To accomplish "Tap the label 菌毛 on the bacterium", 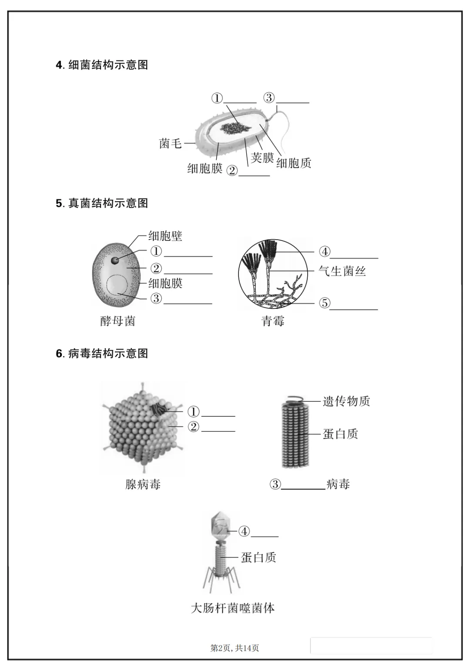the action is (x=170, y=143).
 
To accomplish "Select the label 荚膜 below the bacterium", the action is (x=262, y=157).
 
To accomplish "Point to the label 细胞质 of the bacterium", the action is (x=294, y=163).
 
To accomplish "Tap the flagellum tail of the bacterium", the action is (x=285, y=130).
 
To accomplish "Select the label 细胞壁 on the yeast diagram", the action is (x=165, y=236).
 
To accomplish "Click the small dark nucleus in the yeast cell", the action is (x=115, y=260).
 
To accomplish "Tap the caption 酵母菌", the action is (x=117, y=321).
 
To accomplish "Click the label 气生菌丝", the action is (x=342, y=271).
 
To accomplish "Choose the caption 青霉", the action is (x=272, y=321).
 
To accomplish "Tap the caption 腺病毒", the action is (x=143, y=484).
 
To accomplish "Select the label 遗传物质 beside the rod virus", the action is (x=346, y=401).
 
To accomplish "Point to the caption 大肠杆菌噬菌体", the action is (x=233, y=608).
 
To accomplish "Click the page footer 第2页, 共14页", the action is (x=235, y=648).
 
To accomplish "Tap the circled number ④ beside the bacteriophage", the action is (x=244, y=531).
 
